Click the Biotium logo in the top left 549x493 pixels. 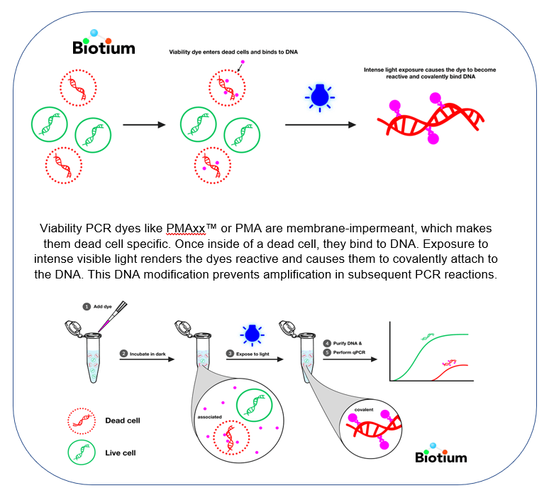click(104, 44)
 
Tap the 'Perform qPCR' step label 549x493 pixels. click(350, 352)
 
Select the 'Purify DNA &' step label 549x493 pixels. click(348, 342)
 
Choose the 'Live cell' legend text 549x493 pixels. click(123, 452)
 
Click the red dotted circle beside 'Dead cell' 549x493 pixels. click(80, 421)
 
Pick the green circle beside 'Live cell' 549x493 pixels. click(80, 452)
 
